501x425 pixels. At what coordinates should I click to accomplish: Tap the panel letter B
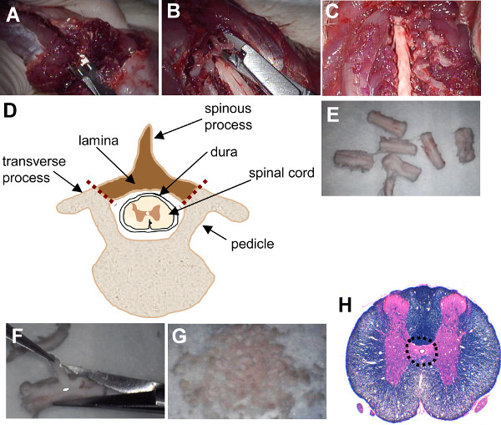tap(174, 14)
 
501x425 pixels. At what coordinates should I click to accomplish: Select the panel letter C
tap(332, 14)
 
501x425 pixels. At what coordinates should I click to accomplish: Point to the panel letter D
tap(13, 111)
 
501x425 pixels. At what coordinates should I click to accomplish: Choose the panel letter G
tap(180, 337)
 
